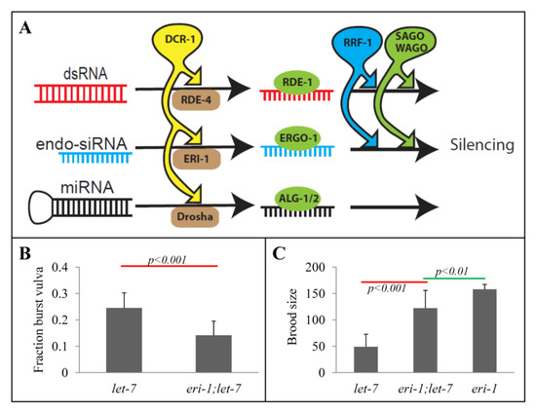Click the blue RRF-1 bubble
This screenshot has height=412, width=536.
376,41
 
